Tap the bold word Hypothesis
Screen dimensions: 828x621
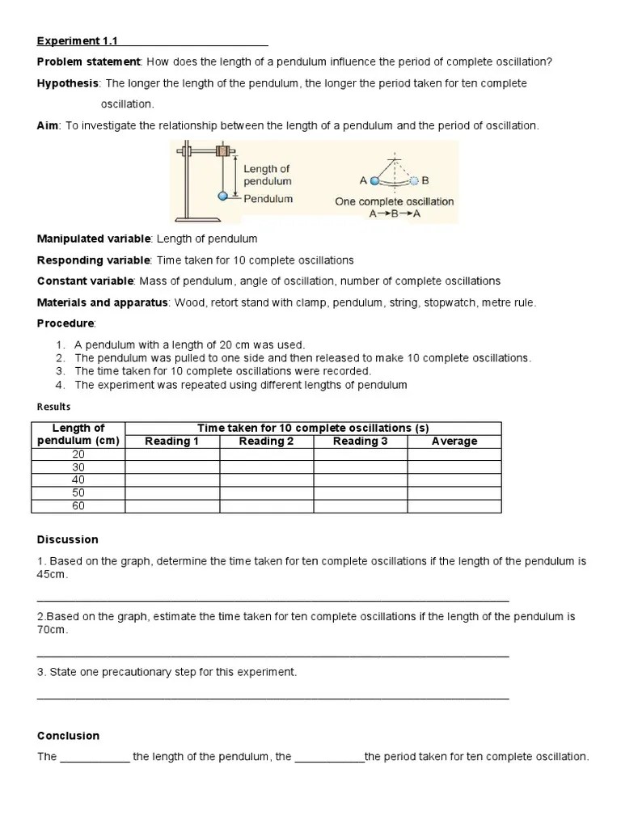(68, 83)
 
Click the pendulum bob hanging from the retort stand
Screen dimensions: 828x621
(224, 196)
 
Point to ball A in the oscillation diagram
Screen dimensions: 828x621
(374, 181)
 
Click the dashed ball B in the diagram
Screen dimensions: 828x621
(414, 181)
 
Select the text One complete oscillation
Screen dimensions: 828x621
(395, 201)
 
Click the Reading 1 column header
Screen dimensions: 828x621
(171, 441)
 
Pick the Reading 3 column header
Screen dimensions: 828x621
(360, 441)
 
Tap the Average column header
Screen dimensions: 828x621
(454, 441)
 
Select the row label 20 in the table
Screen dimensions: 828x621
(78, 454)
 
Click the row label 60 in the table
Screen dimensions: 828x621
(78, 506)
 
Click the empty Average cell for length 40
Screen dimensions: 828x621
(454, 480)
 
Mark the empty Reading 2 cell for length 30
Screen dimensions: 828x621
(266, 467)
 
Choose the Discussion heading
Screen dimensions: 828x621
(68, 539)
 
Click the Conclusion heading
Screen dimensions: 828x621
(69, 736)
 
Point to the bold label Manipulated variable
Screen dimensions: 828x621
(94, 239)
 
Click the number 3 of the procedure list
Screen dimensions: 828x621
(60, 371)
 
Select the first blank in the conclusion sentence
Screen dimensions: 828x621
(95, 758)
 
